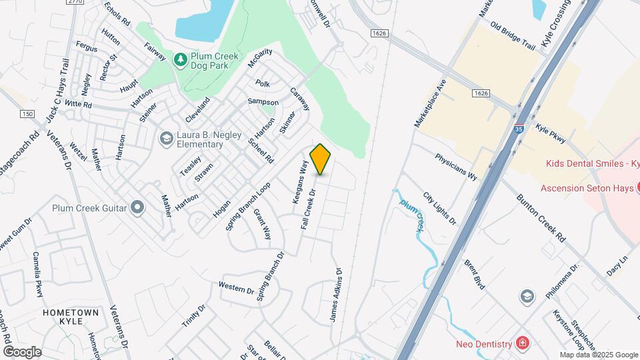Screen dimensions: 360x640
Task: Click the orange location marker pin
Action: pos(321,159)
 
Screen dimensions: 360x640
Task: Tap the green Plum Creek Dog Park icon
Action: pos(180,60)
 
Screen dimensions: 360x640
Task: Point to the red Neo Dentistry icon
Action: pos(523,343)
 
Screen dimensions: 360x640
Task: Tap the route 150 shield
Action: pos(27,115)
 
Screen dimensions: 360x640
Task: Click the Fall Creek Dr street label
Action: pos(309,210)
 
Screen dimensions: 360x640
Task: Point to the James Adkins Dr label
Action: pos(335,295)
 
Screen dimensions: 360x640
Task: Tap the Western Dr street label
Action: pos(237,288)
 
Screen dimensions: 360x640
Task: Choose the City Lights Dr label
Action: pos(439,209)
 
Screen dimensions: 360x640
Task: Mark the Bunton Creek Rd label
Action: pos(541,219)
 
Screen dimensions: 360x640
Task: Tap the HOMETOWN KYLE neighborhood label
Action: pos(71,317)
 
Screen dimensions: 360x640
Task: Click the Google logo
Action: pos(22,351)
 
